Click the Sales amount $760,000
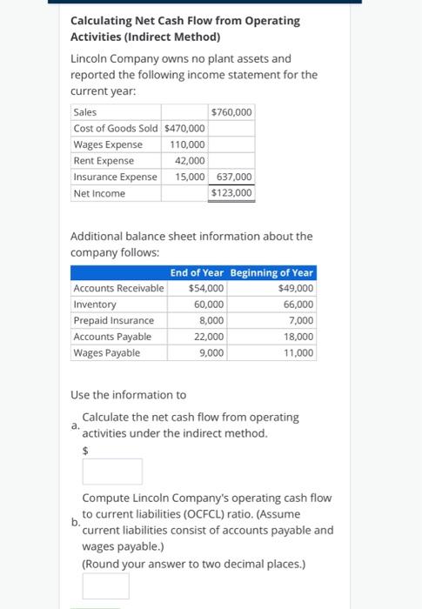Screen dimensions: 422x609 point(232,112)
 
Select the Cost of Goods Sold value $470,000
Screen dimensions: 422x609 point(184,129)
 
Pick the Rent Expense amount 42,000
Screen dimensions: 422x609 point(191,160)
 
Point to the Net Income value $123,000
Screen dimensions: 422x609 point(232,193)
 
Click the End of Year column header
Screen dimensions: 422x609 point(198,273)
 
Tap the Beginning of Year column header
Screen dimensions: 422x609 point(272,273)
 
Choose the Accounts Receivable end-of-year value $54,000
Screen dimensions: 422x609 point(206,289)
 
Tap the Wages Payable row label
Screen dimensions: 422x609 point(107,353)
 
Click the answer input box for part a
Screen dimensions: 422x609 point(112,472)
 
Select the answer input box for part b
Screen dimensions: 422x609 point(105,586)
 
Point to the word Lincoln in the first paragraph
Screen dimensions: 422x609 point(90,59)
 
